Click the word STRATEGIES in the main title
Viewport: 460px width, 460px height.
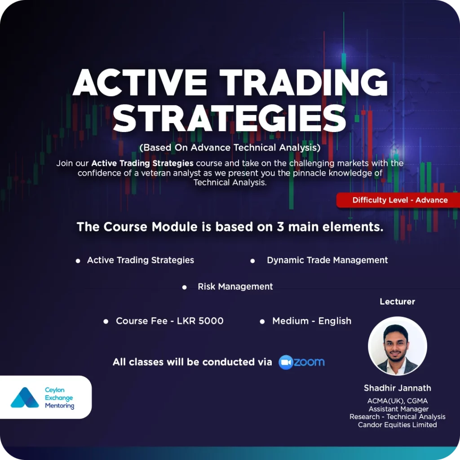[x=230, y=118]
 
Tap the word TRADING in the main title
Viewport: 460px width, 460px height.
[x=304, y=82]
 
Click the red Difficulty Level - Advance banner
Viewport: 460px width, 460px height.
[x=398, y=200]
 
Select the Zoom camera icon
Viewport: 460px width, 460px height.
[x=285, y=363]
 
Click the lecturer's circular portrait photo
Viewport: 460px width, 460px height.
[x=397, y=345]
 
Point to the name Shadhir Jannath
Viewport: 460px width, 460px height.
[x=397, y=388]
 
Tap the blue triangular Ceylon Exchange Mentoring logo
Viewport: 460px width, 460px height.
[x=25, y=398]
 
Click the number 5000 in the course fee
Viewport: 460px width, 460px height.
[x=211, y=321]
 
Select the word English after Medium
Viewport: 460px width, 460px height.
[x=335, y=321]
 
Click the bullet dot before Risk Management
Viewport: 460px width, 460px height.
[x=184, y=287]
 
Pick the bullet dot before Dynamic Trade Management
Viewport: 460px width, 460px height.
[x=252, y=261]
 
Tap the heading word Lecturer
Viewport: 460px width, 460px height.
[x=397, y=301]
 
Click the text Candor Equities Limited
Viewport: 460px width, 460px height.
[x=397, y=425]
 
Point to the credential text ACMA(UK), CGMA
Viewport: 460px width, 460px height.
[x=397, y=401]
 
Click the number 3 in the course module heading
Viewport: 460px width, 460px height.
[x=280, y=227]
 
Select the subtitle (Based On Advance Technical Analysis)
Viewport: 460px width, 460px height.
[x=230, y=147]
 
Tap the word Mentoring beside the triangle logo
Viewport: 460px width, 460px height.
[x=60, y=406]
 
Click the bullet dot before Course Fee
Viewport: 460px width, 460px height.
[x=106, y=322]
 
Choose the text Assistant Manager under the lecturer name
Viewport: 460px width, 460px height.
[x=398, y=409]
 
